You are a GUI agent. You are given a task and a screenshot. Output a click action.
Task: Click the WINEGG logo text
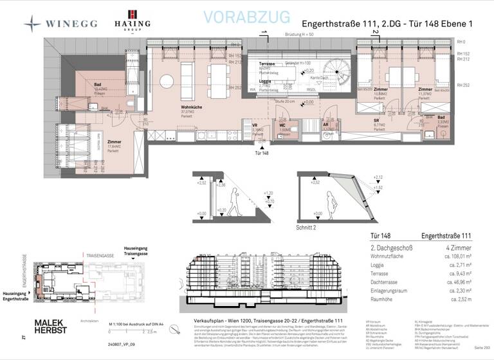(x=71, y=24)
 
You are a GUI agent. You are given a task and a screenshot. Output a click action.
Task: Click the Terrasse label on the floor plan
(x=267, y=66)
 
